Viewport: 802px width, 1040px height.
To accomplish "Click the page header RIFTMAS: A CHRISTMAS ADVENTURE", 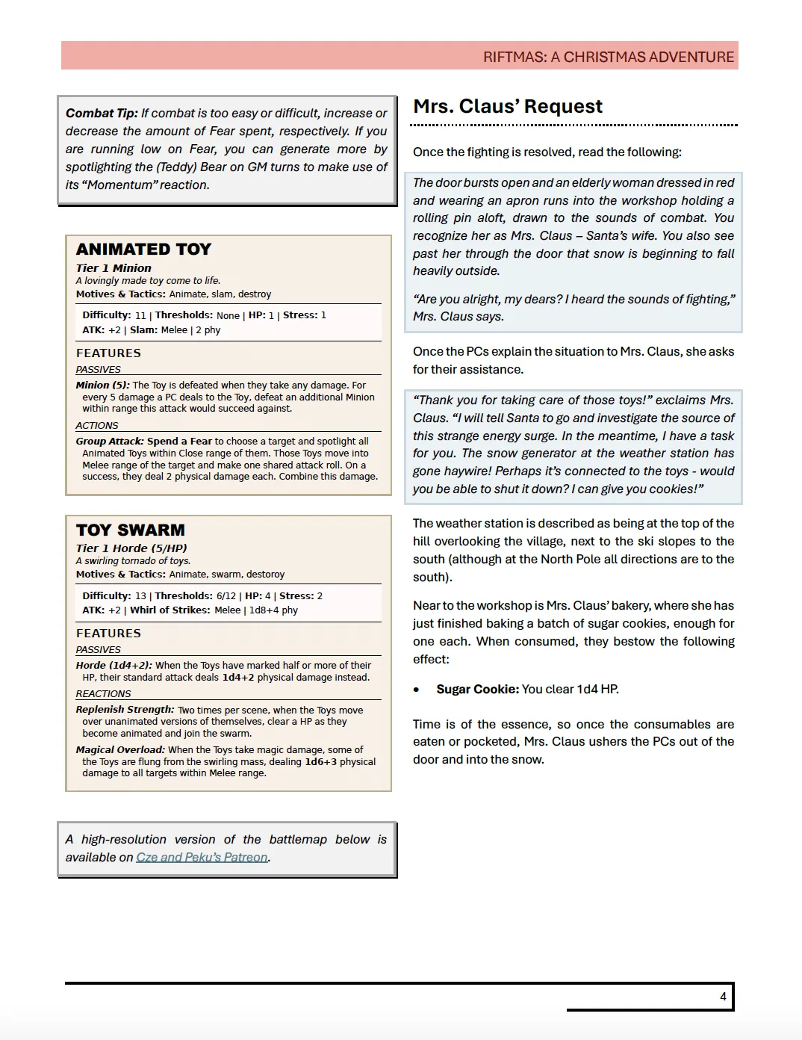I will click(x=608, y=57).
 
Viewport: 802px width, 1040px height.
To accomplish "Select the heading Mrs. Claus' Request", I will click(x=508, y=107).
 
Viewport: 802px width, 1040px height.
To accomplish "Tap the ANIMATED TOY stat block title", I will click(x=143, y=250).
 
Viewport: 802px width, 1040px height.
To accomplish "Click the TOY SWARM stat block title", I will click(x=131, y=530).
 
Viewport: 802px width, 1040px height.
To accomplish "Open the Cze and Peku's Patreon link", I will click(x=202, y=858).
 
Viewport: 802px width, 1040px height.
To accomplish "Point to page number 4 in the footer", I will click(x=723, y=996).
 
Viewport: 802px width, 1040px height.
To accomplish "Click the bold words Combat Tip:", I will click(x=102, y=114).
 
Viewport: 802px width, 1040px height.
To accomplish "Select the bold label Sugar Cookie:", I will click(x=477, y=689).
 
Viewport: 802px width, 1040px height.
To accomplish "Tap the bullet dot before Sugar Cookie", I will click(x=417, y=690).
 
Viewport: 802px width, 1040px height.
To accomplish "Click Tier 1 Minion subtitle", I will click(x=114, y=268).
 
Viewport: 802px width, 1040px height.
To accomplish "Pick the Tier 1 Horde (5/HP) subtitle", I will click(x=131, y=548).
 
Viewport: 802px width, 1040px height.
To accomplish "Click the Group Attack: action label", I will click(x=110, y=442).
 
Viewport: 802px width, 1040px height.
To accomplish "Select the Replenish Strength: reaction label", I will click(x=125, y=710).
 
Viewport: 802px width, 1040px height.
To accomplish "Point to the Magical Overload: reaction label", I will click(x=120, y=750).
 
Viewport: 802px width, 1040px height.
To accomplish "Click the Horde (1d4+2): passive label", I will click(x=114, y=666).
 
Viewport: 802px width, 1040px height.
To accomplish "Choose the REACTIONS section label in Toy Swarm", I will click(x=103, y=694).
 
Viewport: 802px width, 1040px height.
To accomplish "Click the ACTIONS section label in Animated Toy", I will click(x=97, y=426).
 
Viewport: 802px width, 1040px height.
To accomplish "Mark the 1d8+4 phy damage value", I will click(x=273, y=610).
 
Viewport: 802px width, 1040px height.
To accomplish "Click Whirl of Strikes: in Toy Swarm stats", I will click(x=170, y=610).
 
